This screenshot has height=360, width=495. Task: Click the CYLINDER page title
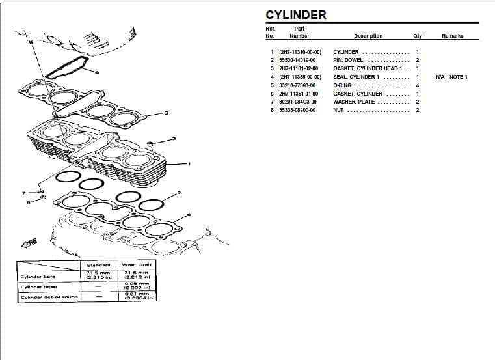(296, 15)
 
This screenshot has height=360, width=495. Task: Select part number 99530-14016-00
(297, 60)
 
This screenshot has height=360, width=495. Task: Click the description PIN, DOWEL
(348, 60)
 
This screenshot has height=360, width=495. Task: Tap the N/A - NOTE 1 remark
(451, 77)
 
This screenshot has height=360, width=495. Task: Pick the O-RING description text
(342, 85)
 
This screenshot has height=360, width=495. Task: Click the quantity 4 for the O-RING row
(417, 85)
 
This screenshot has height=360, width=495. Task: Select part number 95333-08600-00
(297, 110)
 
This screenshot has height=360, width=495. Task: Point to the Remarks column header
(452, 36)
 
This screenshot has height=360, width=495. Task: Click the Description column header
(368, 36)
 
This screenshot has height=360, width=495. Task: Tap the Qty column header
(417, 36)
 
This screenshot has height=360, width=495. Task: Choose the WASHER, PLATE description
(354, 102)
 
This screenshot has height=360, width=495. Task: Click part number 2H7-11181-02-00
(299, 68)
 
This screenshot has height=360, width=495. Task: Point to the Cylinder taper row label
(39, 286)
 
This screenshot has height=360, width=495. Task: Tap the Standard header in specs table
(99, 265)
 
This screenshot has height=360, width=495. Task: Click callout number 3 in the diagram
(167, 113)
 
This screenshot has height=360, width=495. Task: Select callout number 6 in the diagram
(189, 214)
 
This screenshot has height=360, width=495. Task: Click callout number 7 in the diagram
(24, 193)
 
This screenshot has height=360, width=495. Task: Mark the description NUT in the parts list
(338, 110)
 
